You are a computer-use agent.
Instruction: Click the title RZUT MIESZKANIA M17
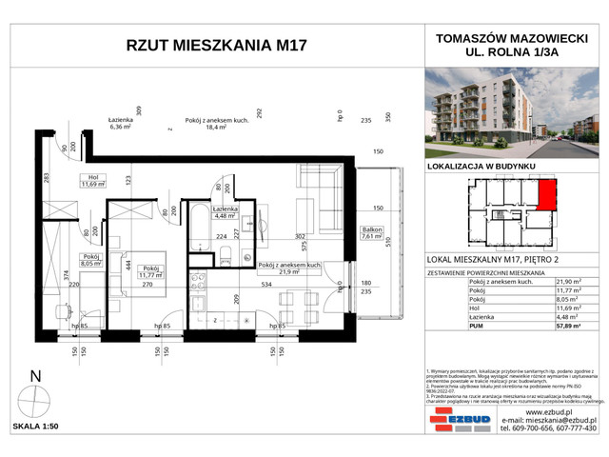216,48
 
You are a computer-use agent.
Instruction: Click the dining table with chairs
293,309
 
